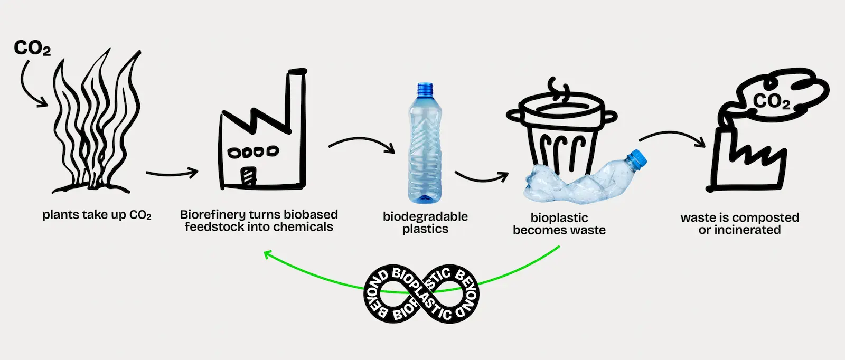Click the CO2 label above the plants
32,48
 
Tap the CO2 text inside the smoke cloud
772,101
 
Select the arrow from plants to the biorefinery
171,173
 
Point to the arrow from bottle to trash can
481,177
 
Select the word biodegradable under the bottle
425,216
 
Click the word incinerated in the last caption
747,230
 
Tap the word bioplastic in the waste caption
559,217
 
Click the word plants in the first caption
58,215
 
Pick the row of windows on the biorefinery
252,152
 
